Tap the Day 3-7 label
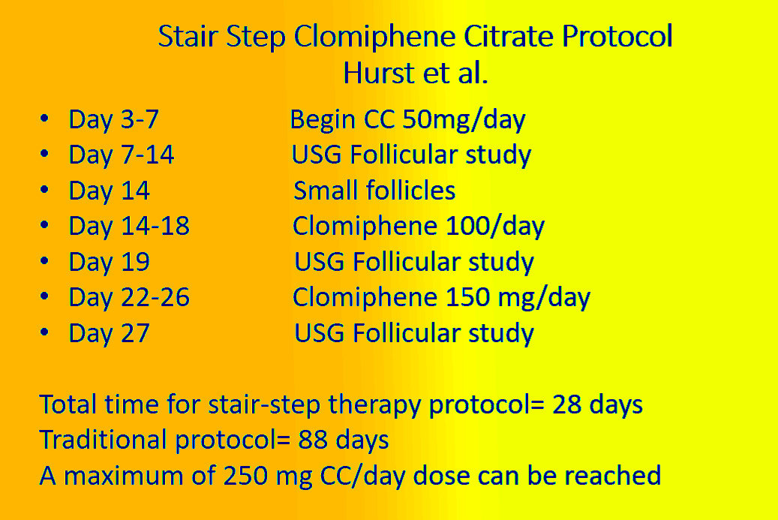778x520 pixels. pyautogui.click(x=113, y=119)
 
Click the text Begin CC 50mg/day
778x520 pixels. pyautogui.click(x=407, y=119)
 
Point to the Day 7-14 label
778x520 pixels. pyautogui.click(x=122, y=155)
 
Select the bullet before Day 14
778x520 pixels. pyautogui.click(x=45, y=191)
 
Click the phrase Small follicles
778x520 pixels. pyautogui.click(x=374, y=191)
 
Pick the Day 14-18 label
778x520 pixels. pyautogui.click(x=129, y=226)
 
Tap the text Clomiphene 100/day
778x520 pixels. pyautogui.click(x=419, y=226)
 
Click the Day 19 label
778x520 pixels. pyautogui.click(x=110, y=262)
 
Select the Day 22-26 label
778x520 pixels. pyautogui.click(x=129, y=298)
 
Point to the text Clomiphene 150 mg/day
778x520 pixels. pyautogui.click(x=441, y=298)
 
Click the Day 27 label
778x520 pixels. pyautogui.click(x=110, y=333)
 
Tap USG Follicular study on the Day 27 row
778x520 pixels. pyautogui.click(x=414, y=333)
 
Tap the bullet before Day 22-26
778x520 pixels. pyautogui.click(x=45, y=298)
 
